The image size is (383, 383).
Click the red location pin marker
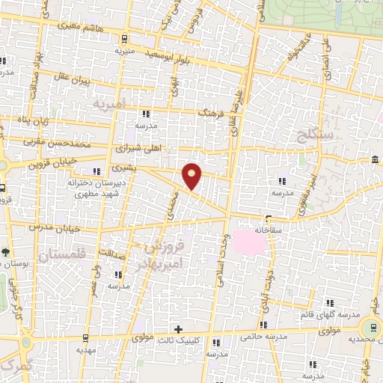tap(192, 176)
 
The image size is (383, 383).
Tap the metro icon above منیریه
tap(123, 39)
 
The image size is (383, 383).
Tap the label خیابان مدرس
tap(52, 225)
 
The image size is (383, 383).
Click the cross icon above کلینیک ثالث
tap(178, 329)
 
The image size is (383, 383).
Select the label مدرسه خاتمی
tap(260, 336)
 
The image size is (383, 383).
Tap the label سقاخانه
tap(267, 230)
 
